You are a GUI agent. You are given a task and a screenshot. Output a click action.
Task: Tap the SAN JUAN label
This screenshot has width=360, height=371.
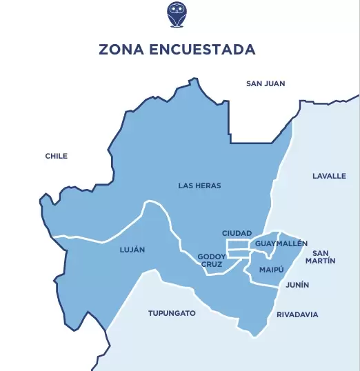point(266,83)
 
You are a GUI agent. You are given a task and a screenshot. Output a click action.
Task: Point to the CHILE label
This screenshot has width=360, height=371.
point(57,156)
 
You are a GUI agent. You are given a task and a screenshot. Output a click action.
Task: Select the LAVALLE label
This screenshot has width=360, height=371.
point(329,176)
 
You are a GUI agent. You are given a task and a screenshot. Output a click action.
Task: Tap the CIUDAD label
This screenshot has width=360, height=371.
point(237,233)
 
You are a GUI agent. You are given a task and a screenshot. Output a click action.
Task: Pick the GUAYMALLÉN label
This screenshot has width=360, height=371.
point(281,244)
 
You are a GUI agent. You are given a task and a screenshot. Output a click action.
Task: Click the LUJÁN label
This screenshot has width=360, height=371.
point(132,250)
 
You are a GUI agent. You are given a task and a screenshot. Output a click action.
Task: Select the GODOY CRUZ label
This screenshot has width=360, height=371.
point(212,261)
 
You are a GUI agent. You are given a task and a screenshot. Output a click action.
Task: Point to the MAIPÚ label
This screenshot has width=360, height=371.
point(272,269)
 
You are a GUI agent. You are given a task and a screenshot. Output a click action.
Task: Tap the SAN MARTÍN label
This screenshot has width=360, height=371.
point(323,257)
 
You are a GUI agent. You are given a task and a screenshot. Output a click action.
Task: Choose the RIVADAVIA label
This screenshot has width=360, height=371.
point(297,314)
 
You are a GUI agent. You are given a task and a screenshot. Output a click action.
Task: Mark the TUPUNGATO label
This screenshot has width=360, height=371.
point(172,313)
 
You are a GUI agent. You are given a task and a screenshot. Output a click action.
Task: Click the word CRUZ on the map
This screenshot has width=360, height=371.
point(212,265)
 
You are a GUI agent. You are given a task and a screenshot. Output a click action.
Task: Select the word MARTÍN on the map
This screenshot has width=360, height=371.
point(323,261)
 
